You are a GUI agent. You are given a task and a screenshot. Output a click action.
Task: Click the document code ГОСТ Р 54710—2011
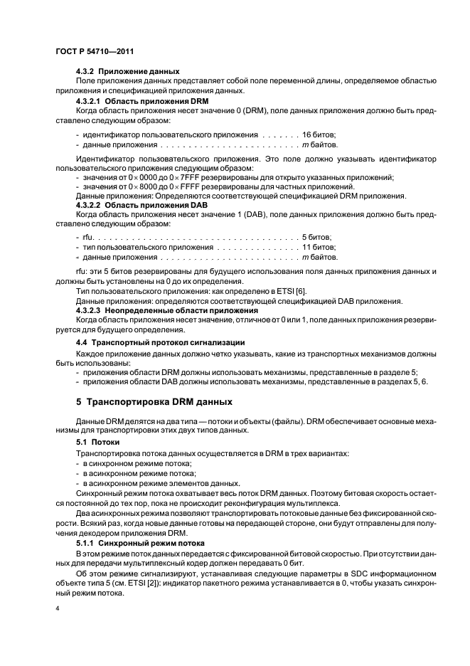95,52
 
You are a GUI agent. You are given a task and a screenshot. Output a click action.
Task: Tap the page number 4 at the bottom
56,609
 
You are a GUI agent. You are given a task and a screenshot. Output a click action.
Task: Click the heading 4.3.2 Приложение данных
127,72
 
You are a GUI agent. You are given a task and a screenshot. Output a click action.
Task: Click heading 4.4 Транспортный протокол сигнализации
160,342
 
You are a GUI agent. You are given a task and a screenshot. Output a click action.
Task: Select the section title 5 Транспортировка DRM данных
154,401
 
